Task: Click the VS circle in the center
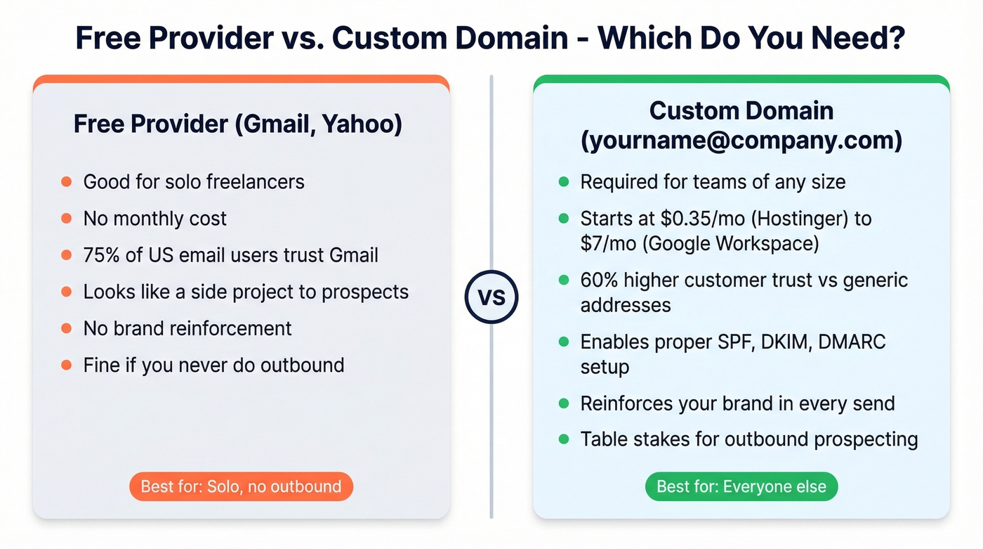(491, 297)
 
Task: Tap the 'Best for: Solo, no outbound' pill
(241, 486)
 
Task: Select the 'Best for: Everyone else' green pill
(741, 486)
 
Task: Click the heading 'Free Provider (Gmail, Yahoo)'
(238, 124)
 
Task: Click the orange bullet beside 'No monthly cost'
(67, 219)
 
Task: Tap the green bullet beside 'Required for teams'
(563, 182)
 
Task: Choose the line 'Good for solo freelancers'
(194, 182)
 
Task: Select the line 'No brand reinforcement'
(187, 328)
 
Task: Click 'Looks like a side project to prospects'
(246, 292)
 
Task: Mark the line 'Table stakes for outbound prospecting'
(748, 439)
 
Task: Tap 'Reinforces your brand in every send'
(737, 403)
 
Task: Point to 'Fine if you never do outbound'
(213, 366)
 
